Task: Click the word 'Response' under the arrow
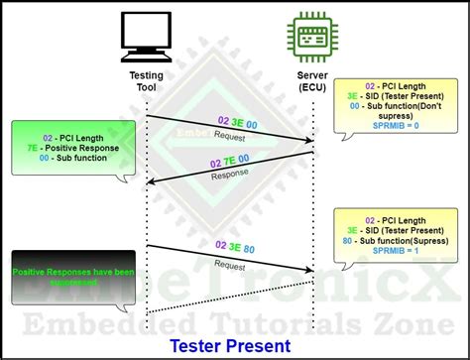point(231,175)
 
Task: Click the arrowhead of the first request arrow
point(309,141)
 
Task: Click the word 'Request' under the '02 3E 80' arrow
point(231,266)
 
